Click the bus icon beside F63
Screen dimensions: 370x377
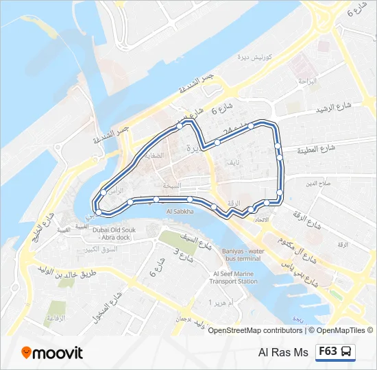[348, 351]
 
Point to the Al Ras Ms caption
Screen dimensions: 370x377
[283, 352]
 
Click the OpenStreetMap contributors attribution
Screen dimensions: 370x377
[256, 330]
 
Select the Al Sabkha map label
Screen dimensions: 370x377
[180, 212]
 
